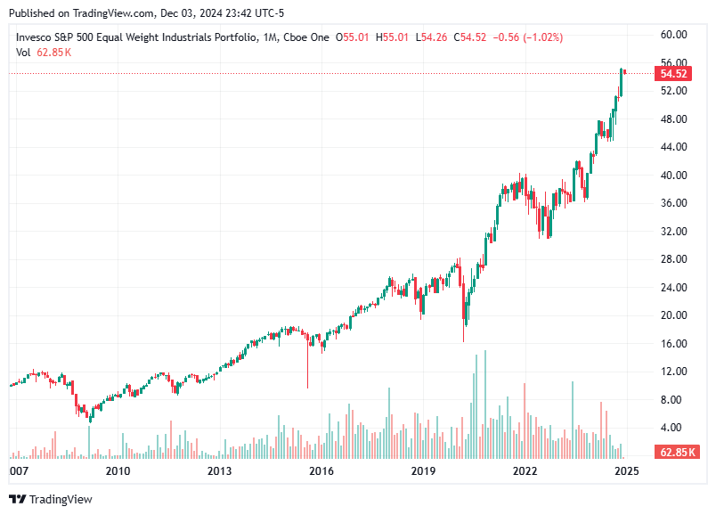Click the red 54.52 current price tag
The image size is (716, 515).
pyautogui.click(x=673, y=74)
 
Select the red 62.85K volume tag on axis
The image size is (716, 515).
pyautogui.click(x=676, y=453)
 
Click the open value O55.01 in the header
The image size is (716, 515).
pyautogui.click(x=356, y=37)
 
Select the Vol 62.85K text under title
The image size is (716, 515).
pyautogui.click(x=44, y=53)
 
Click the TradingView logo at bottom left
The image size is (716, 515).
pyautogui.click(x=51, y=500)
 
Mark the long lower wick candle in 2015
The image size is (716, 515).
pyautogui.click(x=307, y=365)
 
